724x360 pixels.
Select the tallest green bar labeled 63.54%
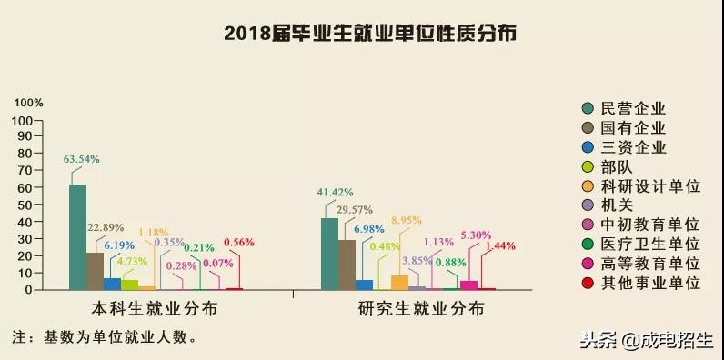point(77,237)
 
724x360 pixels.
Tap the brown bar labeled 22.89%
point(95,271)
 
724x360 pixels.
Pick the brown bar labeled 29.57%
point(347,265)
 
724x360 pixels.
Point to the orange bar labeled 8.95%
point(399,282)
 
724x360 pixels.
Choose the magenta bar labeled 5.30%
point(468,285)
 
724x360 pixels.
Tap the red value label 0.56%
point(238,243)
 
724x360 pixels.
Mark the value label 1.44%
point(500,245)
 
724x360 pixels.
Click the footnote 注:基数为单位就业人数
point(104,337)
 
